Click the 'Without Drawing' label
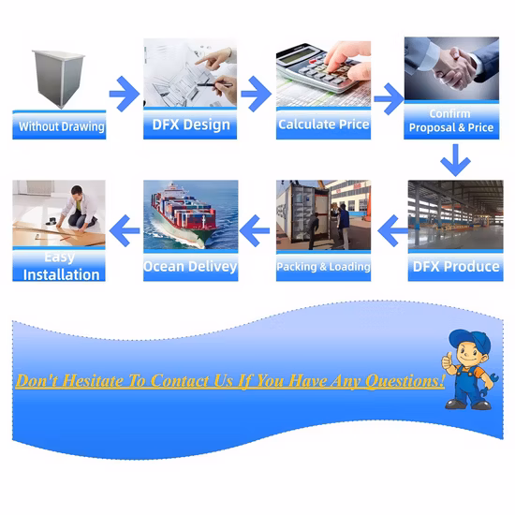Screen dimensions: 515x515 click(62, 126)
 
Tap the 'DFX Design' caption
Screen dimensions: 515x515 click(191, 125)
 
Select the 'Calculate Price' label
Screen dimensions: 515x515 click(324, 125)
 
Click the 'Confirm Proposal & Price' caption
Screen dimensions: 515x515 click(451, 121)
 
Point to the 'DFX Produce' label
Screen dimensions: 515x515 click(456, 266)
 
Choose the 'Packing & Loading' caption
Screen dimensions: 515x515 click(324, 267)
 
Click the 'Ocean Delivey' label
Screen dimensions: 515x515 click(190, 266)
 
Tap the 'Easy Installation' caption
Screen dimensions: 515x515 click(61, 266)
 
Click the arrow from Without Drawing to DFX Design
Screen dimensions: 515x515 click(125, 94)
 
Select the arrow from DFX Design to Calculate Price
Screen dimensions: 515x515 click(257, 94)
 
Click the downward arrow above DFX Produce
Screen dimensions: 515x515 click(455, 160)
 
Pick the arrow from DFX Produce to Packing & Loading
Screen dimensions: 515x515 click(393, 230)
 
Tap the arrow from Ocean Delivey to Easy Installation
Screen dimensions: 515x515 click(125, 230)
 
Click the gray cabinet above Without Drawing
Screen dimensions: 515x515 click(58, 79)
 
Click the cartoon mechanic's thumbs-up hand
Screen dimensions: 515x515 click(448, 362)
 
